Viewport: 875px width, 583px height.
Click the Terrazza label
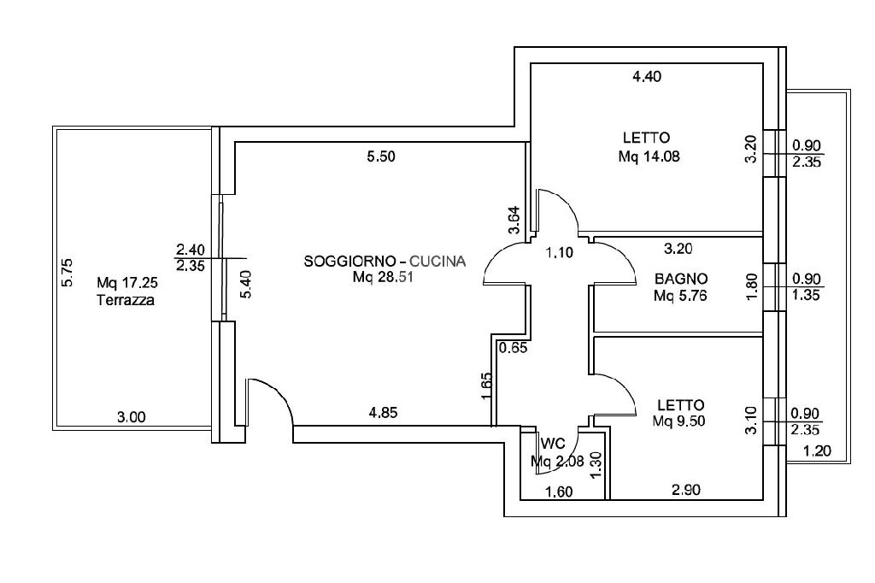126,300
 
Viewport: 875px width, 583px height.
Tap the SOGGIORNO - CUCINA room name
385,261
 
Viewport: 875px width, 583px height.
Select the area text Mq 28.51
383,277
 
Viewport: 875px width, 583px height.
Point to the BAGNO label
681,278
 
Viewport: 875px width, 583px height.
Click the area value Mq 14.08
649,156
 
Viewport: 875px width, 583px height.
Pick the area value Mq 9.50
678,421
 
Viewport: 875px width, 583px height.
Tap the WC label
553,444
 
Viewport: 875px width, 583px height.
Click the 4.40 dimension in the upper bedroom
647,76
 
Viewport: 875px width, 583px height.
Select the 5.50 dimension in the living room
381,156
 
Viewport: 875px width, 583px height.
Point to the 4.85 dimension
384,413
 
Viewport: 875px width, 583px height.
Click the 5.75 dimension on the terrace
67,272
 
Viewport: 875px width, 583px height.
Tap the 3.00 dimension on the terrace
131,417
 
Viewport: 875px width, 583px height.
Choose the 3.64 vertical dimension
514,220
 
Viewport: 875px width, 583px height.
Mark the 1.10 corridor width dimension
559,253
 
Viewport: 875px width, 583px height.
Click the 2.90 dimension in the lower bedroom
686,490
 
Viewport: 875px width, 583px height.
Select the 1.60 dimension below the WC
559,492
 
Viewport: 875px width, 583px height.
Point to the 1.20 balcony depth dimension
817,450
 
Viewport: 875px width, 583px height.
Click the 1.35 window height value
806,295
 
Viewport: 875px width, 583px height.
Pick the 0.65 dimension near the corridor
514,348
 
